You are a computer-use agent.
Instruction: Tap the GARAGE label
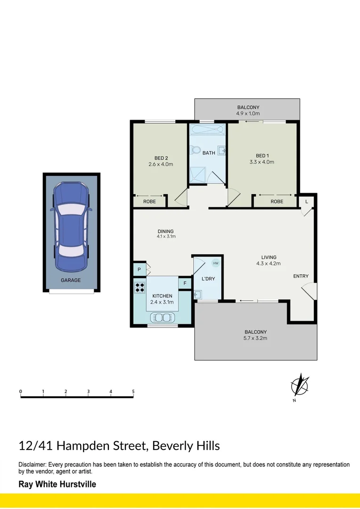pyautogui.click(x=71, y=280)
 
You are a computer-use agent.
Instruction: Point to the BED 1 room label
pyautogui.click(x=262, y=156)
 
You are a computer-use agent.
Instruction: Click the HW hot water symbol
pyautogui.click(x=216, y=263)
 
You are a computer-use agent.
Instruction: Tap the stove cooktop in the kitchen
pyautogui.click(x=140, y=287)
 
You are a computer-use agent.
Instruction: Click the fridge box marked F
pyautogui.click(x=185, y=283)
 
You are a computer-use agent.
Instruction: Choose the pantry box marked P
pyautogui.click(x=139, y=270)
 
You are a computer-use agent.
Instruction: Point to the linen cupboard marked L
pyautogui.click(x=307, y=202)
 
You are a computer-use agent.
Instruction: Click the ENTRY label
pyautogui.click(x=301, y=276)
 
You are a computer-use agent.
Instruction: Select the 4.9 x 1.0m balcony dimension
pyautogui.click(x=248, y=114)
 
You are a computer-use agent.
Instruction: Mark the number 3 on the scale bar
pyautogui.click(x=88, y=392)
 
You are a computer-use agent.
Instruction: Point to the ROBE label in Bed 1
pyautogui.click(x=277, y=202)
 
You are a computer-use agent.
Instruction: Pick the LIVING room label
pyautogui.click(x=269, y=257)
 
